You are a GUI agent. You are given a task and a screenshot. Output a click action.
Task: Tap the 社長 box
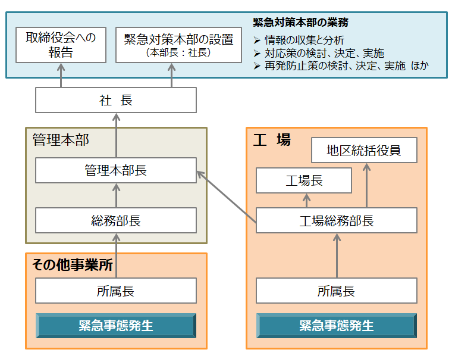click(115, 100)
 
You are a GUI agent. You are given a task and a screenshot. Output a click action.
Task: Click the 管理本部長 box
click(115, 170)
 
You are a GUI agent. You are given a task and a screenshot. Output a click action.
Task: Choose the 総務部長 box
click(115, 220)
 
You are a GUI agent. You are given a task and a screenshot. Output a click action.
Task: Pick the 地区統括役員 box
click(364, 150)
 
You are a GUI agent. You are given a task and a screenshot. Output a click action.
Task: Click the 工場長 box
click(304, 180)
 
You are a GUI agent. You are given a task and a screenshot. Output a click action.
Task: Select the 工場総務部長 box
click(336, 220)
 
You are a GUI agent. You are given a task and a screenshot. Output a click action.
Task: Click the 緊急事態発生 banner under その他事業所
click(115, 326)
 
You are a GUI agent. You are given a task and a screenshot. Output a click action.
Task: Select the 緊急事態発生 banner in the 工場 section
click(336, 326)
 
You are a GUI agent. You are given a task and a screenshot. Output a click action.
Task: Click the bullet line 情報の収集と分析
click(303, 40)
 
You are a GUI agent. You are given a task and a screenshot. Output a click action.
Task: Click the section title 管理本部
click(61, 140)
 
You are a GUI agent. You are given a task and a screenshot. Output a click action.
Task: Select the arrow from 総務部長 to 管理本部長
click(116, 195)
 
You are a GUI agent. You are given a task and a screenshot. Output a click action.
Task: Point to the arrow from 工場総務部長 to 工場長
click(307, 201)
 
